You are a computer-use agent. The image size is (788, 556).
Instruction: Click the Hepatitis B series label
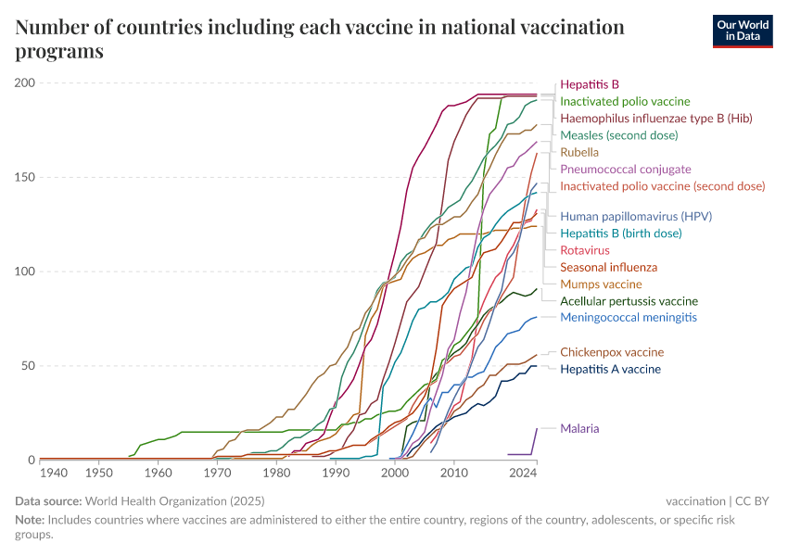coord(590,83)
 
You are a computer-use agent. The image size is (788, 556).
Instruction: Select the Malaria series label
coord(579,428)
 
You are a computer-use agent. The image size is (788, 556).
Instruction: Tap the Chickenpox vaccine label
coord(612,352)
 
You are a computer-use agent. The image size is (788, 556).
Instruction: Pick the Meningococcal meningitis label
coord(629,317)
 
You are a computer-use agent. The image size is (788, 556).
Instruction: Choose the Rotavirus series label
coord(585,250)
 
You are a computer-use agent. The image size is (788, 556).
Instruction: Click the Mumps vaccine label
coord(601,284)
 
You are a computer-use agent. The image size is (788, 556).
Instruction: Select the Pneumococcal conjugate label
coord(626,169)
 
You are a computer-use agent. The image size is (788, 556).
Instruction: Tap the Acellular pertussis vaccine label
coord(629,301)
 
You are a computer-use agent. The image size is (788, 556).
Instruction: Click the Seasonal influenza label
coord(608,267)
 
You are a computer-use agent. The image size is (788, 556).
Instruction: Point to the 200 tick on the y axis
coord(24,83)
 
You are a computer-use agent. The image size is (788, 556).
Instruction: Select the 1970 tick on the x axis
coord(218,473)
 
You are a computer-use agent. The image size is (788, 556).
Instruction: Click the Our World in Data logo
coord(742,31)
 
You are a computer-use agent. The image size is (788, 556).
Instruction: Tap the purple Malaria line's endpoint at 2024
coord(537,428)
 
